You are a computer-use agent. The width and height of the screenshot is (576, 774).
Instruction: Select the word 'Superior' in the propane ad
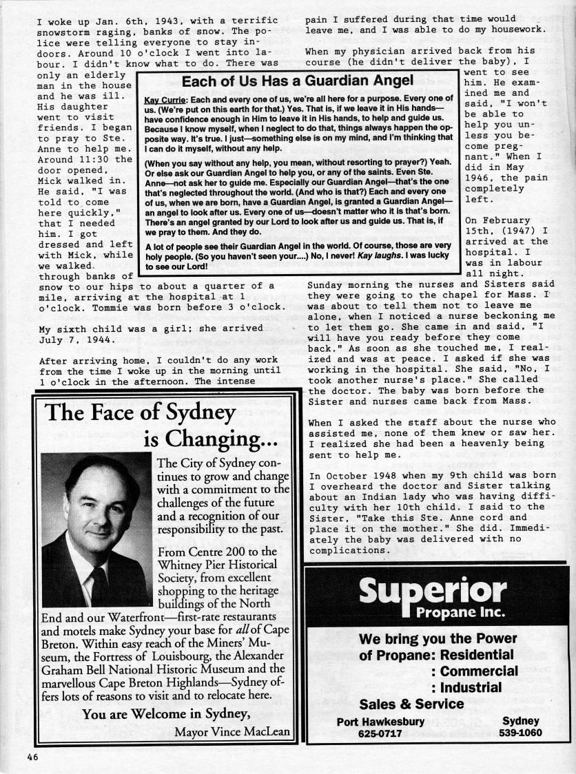click(433, 591)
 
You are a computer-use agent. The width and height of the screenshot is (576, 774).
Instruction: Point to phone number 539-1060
click(520, 733)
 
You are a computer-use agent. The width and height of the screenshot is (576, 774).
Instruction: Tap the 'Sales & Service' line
click(411, 704)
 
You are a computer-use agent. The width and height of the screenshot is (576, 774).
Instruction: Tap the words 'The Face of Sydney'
click(141, 412)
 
